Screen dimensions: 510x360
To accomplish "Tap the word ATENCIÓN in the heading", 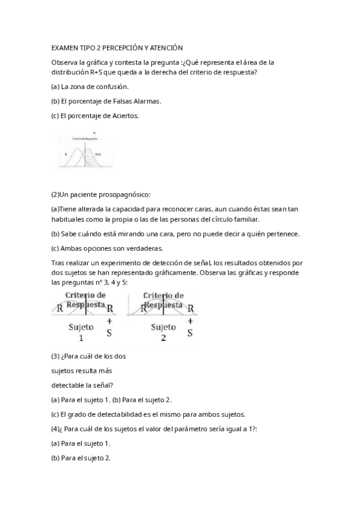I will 163,47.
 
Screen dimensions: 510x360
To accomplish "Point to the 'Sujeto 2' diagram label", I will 163,332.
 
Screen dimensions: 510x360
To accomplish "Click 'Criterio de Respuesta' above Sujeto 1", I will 85,300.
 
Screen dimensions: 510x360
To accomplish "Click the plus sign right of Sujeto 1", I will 109,322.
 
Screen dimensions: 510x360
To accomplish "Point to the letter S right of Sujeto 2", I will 190,333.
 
